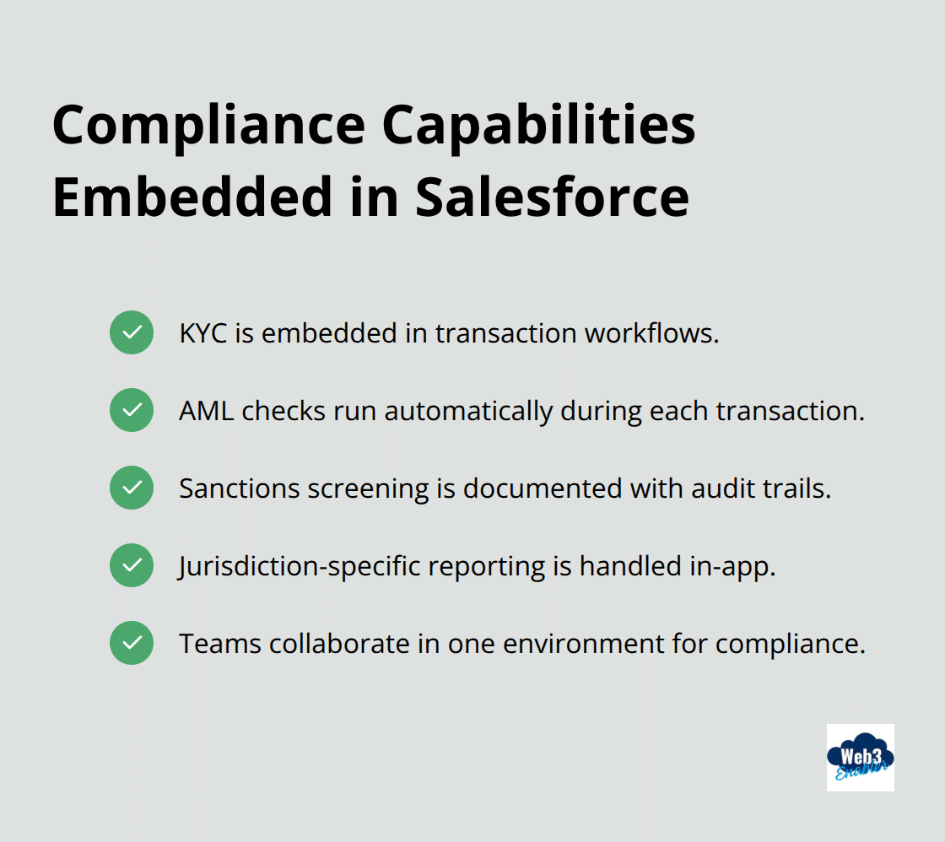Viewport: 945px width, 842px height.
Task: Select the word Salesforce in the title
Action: point(552,197)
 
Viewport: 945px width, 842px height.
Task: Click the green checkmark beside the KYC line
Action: point(132,332)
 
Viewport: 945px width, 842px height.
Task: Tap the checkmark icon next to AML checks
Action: point(132,410)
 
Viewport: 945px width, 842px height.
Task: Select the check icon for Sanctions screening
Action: point(132,488)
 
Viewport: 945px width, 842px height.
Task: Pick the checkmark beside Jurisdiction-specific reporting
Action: point(132,565)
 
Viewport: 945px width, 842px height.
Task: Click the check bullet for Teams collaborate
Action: point(132,643)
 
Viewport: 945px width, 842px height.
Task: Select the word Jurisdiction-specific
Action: point(300,566)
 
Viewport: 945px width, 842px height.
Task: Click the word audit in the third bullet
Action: point(711,488)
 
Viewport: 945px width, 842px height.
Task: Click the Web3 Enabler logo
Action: point(860,757)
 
